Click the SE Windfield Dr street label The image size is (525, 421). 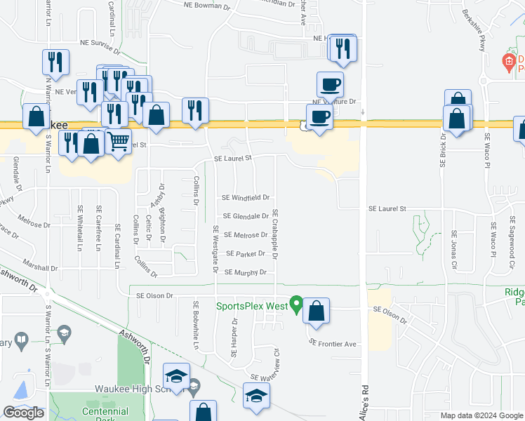click(x=246, y=198)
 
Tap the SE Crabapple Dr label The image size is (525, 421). click(x=276, y=233)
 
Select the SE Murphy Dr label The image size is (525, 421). click(x=245, y=272)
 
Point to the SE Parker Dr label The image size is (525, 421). click(x=245, y=253)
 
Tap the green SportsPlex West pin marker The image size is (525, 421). click(x=297, y=305)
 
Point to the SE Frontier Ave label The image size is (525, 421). click(x=333, y=343)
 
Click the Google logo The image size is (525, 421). click(x=23, y=413)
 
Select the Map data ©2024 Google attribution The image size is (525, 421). click(x=481, y=415)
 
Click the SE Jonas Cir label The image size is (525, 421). click(x=454, y=250)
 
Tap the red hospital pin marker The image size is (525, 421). click(x=509, y=62)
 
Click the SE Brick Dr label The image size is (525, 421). click(x=443, y=151)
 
